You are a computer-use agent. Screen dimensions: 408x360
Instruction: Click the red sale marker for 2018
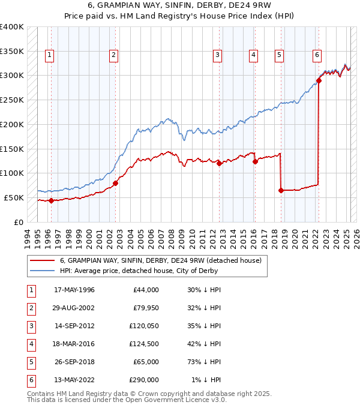point(281,190)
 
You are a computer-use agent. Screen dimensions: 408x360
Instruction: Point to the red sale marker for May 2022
point(319,81)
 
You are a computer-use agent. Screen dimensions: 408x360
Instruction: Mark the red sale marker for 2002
point(115,183)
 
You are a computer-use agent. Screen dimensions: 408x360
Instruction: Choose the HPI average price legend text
point(139,271)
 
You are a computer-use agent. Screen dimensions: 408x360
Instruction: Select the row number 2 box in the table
point(31,308)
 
